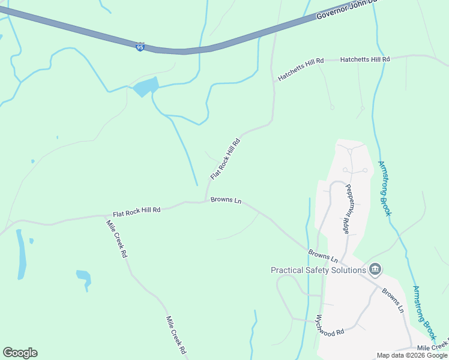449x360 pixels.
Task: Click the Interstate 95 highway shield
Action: pyautogui.click(x=140, y=46)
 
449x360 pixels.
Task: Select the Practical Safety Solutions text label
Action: pyautogui.click(x=318, y=270)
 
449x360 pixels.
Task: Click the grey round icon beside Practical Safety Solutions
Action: pyautogui.click(x=375, y=269)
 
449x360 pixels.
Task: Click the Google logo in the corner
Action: pyautogui.click(x=20, y=353)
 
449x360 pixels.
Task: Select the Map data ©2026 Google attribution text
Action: pyautogui.click(x=412, y=355)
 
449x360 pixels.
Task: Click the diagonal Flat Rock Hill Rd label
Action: pyautogui.click(x=225, y=159)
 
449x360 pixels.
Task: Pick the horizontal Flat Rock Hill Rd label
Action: pyautogui.click(x=137, y=211)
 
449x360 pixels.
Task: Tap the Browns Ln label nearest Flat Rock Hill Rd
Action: pyautogui.click(x=226, y=200)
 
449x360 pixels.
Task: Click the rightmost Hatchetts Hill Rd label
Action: pyautogui.click(x=365, y=59)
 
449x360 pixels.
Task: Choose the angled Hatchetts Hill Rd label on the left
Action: pyautogui.click(x=300, y=70)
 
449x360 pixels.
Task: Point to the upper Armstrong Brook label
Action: pyautogui.click(x=385, y=188)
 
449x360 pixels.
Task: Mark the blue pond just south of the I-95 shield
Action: pyautogui.click(x=146, y=87)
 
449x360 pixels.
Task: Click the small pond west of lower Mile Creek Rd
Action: pyautogui.click(x=83, y=277)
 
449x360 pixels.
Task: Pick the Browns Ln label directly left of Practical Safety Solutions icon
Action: pyautogui.click(x=323, y=256)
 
